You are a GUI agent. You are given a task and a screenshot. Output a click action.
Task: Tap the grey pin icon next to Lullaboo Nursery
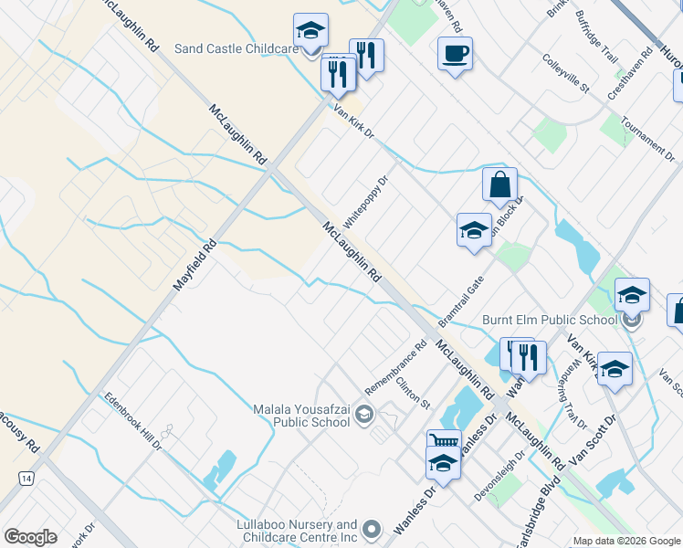[372, 530]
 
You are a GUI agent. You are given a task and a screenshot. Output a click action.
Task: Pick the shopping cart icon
[443, 442]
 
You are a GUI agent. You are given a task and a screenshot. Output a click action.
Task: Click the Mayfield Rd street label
[194, 266]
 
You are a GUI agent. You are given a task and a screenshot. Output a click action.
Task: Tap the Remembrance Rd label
[396, 367]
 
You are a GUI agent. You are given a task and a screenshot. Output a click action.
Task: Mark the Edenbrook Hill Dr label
[132, 421]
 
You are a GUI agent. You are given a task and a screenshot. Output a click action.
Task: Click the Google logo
[30, 536]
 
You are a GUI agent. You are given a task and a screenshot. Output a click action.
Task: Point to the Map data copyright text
[625, 541]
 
